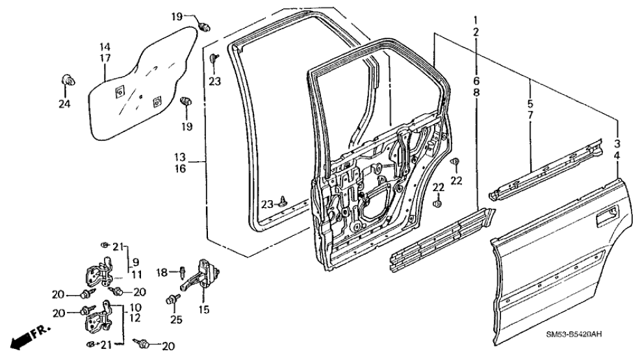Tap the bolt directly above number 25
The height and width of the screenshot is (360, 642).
click(172, 300)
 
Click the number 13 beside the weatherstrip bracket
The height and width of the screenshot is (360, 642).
click(180, 157)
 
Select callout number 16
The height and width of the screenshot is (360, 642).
click(180, 168)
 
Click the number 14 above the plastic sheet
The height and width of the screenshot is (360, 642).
click(105, 47)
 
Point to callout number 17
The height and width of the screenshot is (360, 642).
click(105, 58)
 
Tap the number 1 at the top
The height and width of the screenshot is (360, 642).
click(476, 19)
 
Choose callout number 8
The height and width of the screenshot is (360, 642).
click(476, 93)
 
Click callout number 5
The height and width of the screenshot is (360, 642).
click(530, 103)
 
